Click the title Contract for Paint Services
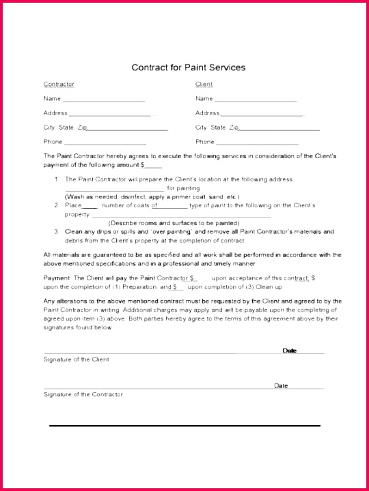coord(187,68)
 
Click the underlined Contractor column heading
coord(59,85)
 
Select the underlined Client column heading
coord(204,85)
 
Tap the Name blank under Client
coord(257,100)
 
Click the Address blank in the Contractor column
coord(109,115)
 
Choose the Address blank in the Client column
coord(261,115)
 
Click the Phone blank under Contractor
coord(105,143)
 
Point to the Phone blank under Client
coord(258,143)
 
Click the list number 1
coord(57,179)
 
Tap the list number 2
coord(57,205)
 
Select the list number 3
coord(57,232)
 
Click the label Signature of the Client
coord(77,359)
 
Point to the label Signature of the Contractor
coord(83,395)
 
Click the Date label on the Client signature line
coord(290,351)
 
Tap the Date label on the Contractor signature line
coord(281,386)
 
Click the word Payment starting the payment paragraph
coord(56,279)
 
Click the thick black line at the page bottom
coord(184,426)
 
